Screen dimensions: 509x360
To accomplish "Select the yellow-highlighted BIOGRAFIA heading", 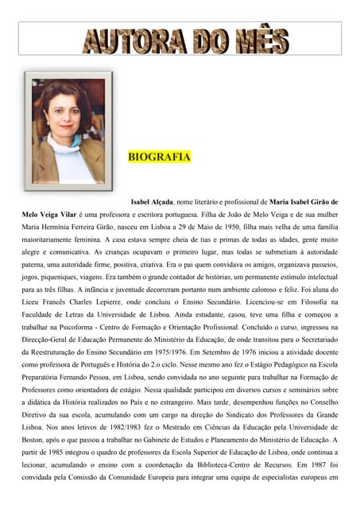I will pos(159,157).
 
